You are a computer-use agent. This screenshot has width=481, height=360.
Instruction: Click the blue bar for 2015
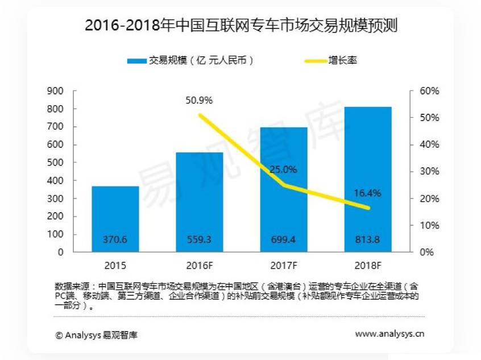coord(115,219)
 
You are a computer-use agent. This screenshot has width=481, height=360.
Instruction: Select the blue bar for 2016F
coord(199,202)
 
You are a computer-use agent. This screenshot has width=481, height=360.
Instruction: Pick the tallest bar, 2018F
coord(368,179)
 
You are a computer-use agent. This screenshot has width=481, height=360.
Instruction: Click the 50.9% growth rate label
coord(199,101)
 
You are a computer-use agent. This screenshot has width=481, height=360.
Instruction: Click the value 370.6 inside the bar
coord(115,240)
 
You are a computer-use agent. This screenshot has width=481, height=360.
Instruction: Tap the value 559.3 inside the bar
coord(199,240)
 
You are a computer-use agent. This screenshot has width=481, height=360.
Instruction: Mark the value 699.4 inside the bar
coord(284,240)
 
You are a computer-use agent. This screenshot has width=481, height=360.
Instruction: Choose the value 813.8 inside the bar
coord(368,240)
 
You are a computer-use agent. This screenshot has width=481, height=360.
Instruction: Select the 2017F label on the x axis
coord(284,266)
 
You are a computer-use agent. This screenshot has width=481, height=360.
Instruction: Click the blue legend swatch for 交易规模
coord(137,60)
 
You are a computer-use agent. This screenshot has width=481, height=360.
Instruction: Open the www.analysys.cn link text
coord(389,334)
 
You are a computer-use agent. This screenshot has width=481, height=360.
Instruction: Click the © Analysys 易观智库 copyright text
coord(96,335)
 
